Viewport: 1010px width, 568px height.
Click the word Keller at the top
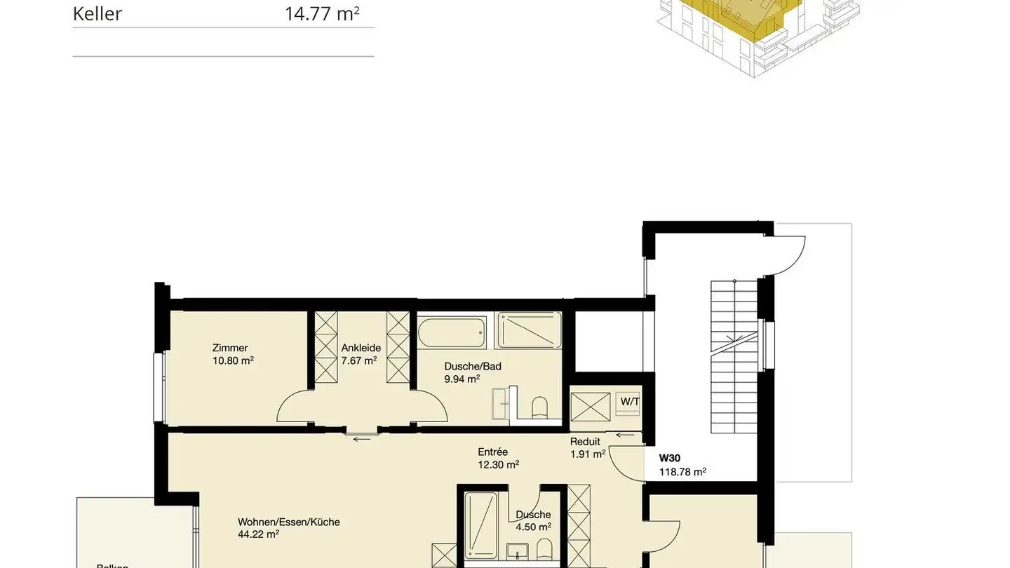tap(97, 14)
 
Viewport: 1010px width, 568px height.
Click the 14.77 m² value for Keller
tap(322, 14)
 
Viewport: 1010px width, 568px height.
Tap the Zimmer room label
tap(230, 348)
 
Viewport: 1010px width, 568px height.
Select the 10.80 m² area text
tap(233, 360)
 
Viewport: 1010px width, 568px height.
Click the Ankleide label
tap(361, 348)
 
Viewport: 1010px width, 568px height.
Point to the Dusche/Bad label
tap(473, 366)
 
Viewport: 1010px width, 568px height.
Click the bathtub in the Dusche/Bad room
tap(452, 331)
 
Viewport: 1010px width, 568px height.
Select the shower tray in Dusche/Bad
tap(530, 330)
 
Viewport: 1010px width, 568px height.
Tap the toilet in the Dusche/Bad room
tap(539, 408)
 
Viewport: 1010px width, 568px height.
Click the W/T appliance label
tap(630, 402)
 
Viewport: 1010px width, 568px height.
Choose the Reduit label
tap(585, 442)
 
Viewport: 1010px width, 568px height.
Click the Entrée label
tap(492, 452)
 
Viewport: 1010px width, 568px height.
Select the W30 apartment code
tap(670, 459)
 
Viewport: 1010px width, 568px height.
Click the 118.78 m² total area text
tap(682, 472)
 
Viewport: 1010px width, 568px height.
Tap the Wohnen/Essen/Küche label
tap(289, 522)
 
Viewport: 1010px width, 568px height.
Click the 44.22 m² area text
tap(259, 534)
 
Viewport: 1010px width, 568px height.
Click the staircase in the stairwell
tap(734, 358)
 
